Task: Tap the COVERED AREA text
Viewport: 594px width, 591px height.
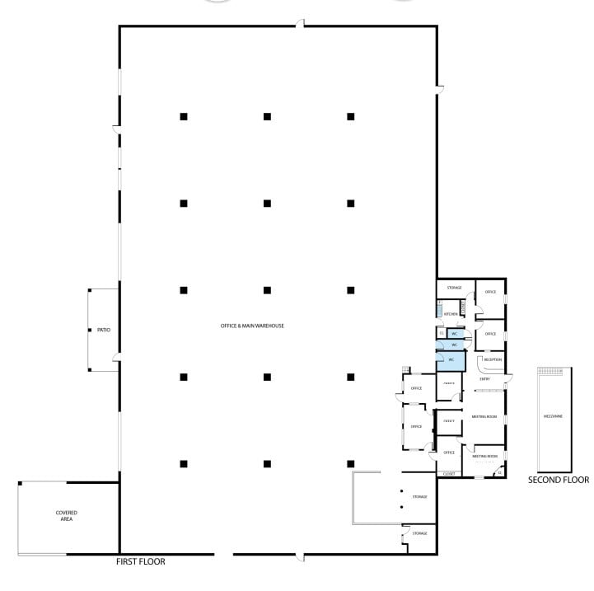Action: coord(67,516)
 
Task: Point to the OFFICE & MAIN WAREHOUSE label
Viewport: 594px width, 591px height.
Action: coord(252,326)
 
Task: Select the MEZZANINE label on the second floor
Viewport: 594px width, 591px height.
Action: coord(552,416)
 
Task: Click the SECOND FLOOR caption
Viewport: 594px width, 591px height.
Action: coord(559,479)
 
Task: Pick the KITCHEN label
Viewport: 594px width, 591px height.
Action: coord(451,314)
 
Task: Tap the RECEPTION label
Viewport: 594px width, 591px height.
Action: coord(493,359)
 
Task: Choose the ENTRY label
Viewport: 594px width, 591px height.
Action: coord(485,379)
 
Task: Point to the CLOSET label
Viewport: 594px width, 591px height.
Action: coord(449,474)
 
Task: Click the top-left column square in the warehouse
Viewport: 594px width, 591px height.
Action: coord(184,116)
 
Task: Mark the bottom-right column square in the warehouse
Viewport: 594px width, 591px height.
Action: coord(350,463)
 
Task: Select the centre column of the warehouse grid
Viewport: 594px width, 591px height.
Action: coord(267,290)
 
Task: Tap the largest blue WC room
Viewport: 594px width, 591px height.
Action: coord(451,360)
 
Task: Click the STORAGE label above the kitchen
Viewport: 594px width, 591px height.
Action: coord(454,288)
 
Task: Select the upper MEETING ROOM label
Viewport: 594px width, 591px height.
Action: coord(484,417)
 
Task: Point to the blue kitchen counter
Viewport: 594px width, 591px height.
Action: coord(440,311)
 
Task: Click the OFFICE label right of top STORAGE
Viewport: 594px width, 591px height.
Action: coord(490,292)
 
